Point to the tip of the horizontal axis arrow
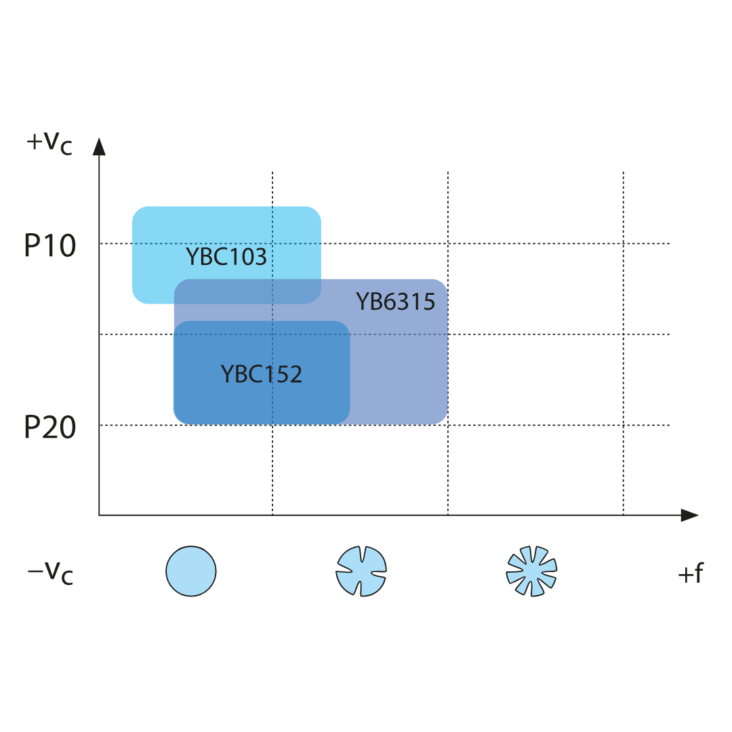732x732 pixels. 699,515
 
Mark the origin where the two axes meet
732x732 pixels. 99,515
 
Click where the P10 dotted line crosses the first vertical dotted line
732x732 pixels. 272,244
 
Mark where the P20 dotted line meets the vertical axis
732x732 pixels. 99,425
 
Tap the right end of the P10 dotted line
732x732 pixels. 670,244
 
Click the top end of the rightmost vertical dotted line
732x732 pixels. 624,171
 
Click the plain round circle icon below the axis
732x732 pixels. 191,571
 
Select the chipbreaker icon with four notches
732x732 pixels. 361,571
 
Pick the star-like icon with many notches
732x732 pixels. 532,571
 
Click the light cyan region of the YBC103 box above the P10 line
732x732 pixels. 226,224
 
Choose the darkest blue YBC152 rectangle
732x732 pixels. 262,373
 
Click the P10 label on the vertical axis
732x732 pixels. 50,245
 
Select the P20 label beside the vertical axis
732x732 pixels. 50,427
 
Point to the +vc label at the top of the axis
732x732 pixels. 49,142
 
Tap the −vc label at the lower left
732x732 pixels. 50,573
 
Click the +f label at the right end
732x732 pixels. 691,573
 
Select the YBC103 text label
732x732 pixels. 226,257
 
